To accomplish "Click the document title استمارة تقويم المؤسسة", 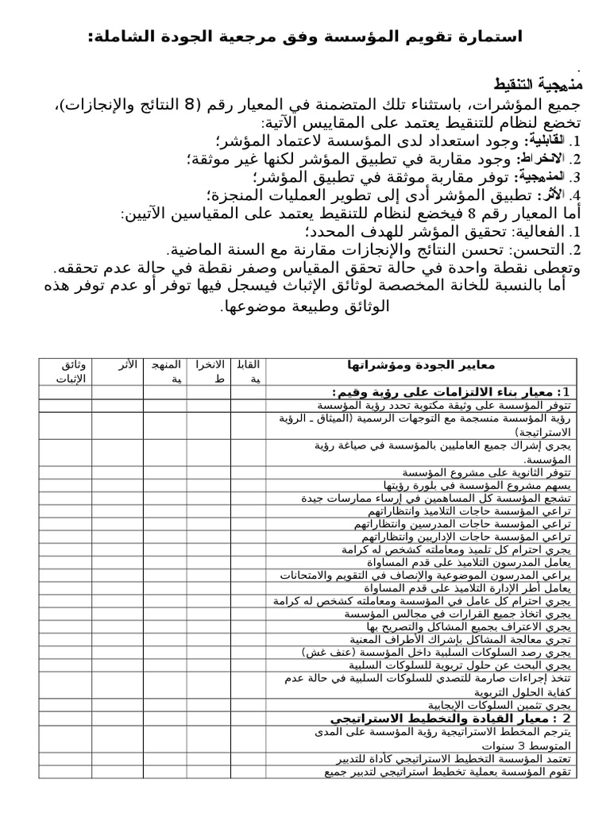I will coord(305,37).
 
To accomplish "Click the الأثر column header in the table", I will coord(128,364).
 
